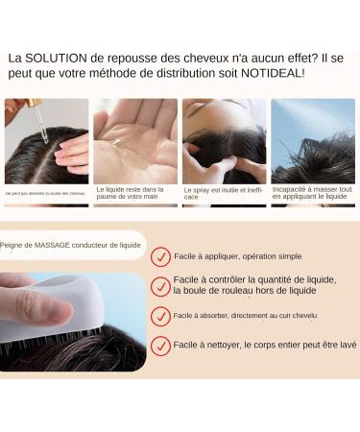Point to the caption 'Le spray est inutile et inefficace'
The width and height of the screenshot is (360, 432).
coord(223,193)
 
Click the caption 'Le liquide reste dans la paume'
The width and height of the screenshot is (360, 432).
coord(135,193)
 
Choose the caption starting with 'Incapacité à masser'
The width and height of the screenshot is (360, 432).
coord(313,193)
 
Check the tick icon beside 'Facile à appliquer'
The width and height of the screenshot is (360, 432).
coord(161,257)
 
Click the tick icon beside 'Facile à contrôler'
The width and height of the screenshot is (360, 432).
coord(161,286)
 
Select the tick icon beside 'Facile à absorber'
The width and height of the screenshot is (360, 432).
coord(161,316)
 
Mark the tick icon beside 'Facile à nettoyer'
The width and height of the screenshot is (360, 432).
coord(161,345)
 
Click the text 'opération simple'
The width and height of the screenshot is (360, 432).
coord(270,256)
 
